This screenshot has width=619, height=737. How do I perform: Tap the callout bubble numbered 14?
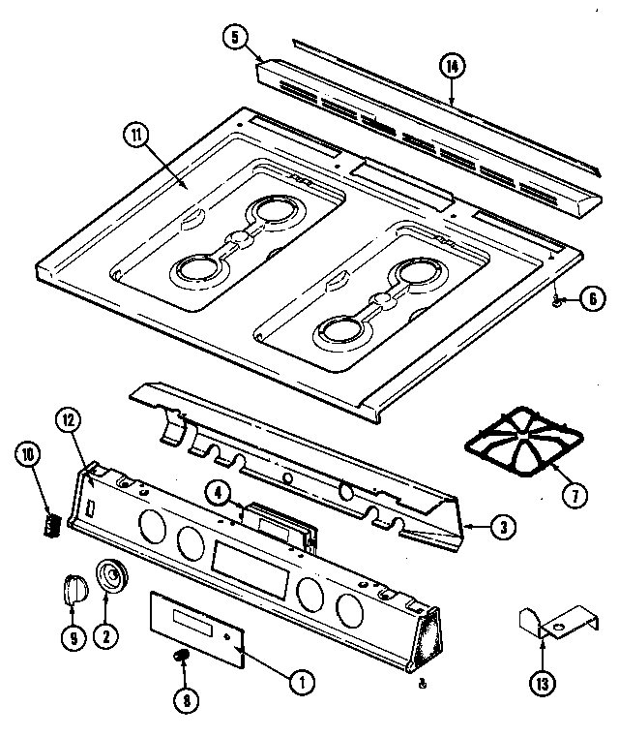pyautogui.click(x=452, y=66)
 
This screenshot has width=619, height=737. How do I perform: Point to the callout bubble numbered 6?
pyautogui.click(x=593, y=299)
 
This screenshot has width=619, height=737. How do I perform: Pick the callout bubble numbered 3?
pyautogui.click(x=502, y=528)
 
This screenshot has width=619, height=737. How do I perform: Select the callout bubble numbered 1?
pyautogui.click(x=302, y=682)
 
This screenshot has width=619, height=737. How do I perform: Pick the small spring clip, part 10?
pyautogui.click(x=49, y=524)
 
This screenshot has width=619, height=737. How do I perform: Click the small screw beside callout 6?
pyautogui.click(x=560, y=301)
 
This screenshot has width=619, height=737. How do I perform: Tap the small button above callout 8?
pyautogui.click(x=179, y=657)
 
